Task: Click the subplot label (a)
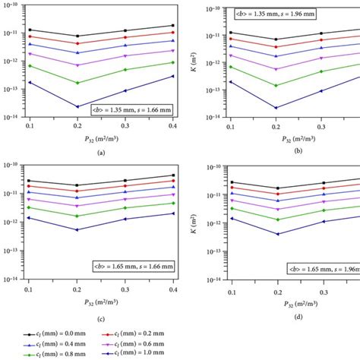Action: click(x=101, y=153)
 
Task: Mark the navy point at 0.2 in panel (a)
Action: click(x=77, y=106)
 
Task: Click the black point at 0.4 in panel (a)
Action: click(x=173, y=26)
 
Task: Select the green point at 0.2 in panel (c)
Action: click(x=77, y=216)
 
